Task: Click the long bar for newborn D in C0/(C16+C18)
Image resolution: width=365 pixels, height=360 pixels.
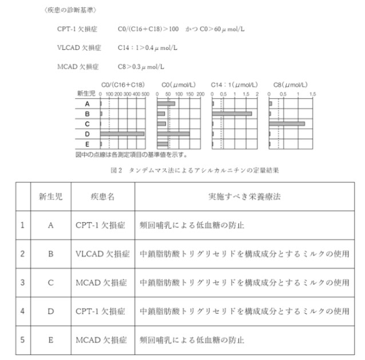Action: [122, 134]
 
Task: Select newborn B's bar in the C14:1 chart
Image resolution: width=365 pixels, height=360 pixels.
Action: [232, 114]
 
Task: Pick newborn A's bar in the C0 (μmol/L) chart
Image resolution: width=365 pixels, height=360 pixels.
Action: [166, 104]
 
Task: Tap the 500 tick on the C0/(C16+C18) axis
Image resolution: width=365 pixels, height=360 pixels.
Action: [145, 93]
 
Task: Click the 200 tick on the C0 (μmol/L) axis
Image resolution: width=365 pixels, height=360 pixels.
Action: [201, 93]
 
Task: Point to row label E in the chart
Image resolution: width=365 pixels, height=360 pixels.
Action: [87, 143]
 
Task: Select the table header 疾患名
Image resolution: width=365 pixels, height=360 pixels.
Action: [102, 196]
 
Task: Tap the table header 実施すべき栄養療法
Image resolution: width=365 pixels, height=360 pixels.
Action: [244, 196]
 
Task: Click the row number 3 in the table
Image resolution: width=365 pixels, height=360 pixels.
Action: [22, 282]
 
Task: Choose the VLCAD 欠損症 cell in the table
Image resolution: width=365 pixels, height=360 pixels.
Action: [102, 253]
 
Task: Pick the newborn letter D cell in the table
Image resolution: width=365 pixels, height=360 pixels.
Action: [50, 311]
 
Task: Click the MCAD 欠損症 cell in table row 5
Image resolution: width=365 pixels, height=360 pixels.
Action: [102, 340]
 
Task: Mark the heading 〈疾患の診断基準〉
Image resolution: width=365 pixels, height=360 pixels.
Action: [70, 10]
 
